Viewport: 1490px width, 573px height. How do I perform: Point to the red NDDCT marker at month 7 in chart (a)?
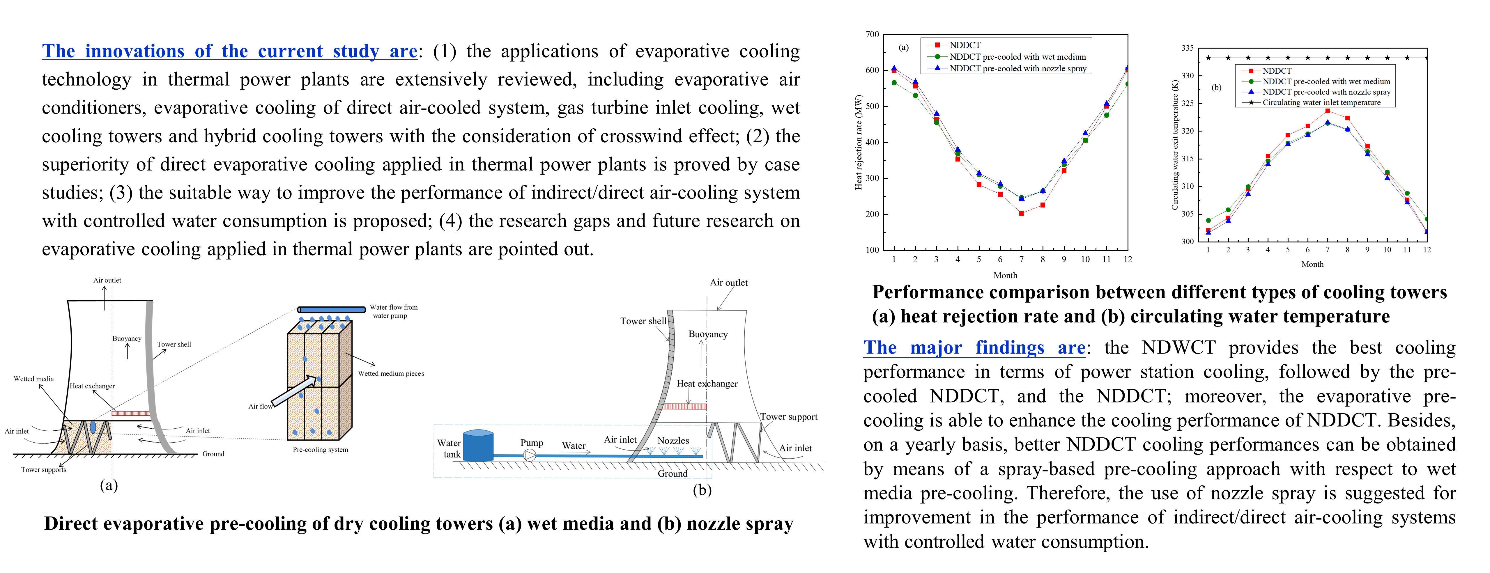pos(1022,213)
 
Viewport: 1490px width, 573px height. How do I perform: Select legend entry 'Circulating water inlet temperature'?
pos(1321,102)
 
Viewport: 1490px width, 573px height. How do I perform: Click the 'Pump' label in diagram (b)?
pos(532,443)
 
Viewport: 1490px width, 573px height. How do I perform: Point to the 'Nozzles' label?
pos(673,441)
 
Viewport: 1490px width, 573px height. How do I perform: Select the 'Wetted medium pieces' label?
pos(391,374)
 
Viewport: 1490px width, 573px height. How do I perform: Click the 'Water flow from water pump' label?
pos(393,311)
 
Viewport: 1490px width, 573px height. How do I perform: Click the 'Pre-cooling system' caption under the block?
pos(321,449)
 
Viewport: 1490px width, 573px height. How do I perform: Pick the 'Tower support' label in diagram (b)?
pos(788,417)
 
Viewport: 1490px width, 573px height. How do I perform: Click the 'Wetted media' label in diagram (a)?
pos(33,379)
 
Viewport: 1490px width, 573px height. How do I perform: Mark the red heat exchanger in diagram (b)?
pos(684,407)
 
